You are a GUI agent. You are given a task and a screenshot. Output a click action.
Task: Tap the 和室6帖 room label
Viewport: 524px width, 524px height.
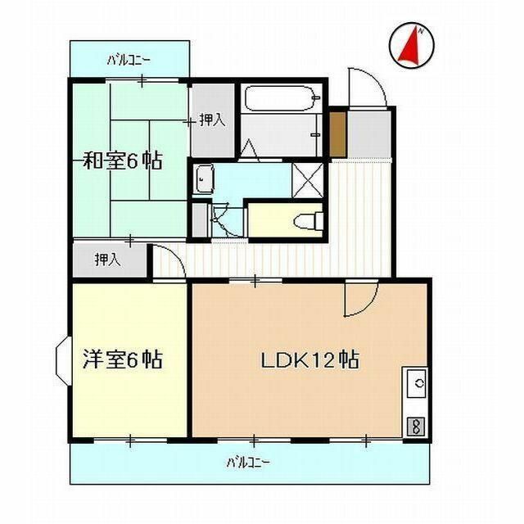click(x=122, y=160)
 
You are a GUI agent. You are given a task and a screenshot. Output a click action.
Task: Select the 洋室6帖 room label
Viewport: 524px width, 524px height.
click(x=122, y=359)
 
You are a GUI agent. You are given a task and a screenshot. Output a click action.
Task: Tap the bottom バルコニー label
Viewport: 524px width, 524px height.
click(x=248, y=463)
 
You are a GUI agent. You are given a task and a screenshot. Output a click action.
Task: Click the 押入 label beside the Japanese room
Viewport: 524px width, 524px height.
click(x=212, y=120)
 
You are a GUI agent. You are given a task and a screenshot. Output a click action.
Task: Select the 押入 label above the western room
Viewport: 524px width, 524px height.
click(x=107, y=260)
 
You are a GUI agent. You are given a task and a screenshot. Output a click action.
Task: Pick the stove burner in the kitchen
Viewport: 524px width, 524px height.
click(x=416, y=426)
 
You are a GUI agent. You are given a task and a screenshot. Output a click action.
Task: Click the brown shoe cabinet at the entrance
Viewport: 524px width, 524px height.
click(x=337, y=132)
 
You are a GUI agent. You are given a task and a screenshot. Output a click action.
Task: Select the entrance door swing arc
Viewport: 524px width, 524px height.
click(x=365, y=86)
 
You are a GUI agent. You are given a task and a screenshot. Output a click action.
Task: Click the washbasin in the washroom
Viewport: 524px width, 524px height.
click(x=204, y=178)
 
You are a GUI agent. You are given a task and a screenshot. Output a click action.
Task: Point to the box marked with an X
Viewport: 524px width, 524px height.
click(x=307, y=178)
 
